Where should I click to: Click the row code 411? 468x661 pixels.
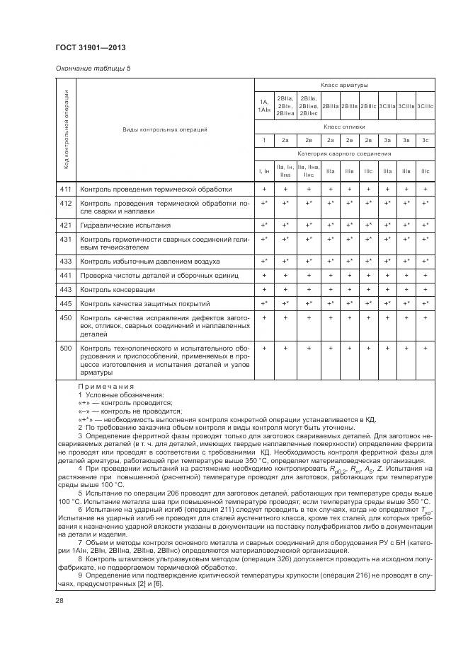[x=66, y=189]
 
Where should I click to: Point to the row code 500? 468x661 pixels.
[x=66, y=349]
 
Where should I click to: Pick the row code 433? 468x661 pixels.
[x=66, y=261]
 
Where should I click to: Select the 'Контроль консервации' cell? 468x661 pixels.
[x=118, y=290]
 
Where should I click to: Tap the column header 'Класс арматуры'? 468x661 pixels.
[x=344, y=84]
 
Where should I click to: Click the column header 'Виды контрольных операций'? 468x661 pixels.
[x=165, y=129]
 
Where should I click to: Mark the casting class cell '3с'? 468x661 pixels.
[x=425, y=140]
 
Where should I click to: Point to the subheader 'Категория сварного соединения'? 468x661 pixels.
[x=344, y=153]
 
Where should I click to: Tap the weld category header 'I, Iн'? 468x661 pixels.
[x=263, y=170]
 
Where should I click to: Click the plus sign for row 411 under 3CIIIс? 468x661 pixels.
[x=425, y=189]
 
